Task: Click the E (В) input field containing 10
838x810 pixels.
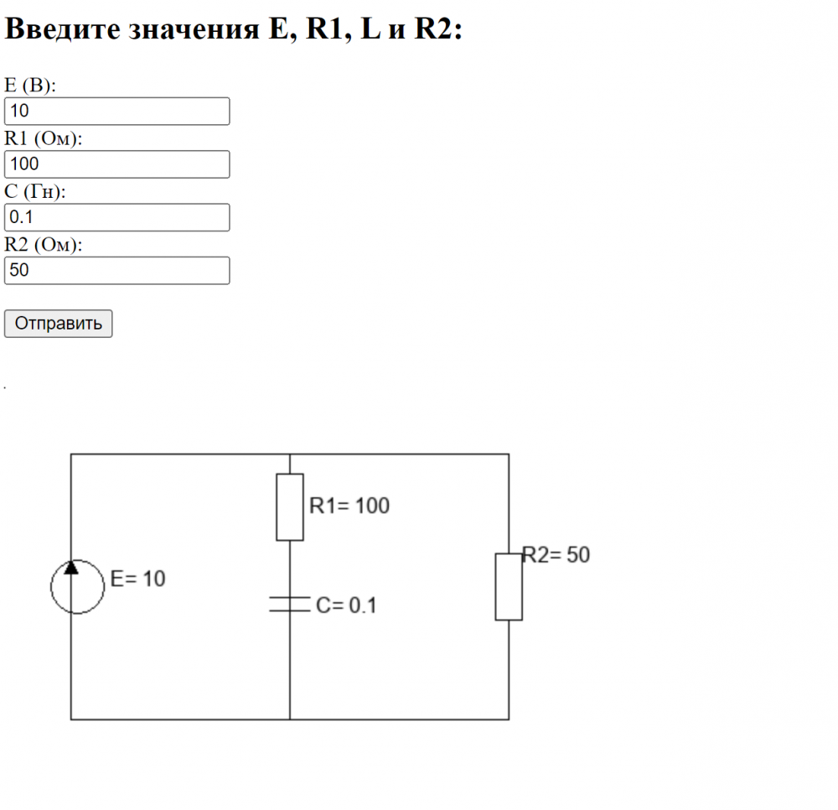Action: (x=116, y=112)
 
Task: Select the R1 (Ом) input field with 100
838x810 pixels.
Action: (x=116, y=164)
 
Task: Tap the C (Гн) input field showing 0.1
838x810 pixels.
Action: (x=116, y=217)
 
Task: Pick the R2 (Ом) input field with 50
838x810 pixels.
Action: (x=116, y=270)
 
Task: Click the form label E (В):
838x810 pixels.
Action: (x=30, y=86)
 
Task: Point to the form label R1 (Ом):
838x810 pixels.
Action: (x=44, y=139)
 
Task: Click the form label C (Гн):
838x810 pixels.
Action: (x=35, y=192)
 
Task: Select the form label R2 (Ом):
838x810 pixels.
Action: (x=44, y=245)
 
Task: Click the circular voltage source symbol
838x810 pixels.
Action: (x=77, y=586)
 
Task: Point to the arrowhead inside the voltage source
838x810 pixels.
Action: (x=71, y=567)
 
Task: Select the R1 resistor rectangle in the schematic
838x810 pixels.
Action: (x=290, y=506)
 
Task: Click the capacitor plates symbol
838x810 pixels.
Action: (x=290, y=604)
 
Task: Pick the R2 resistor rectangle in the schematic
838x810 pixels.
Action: (x=509, y=586)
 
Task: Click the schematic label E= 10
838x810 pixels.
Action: (x=138, y=579)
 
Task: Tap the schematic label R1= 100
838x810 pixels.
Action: (x=349, y=506)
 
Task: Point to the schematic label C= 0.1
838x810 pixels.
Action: (x=346, y=605)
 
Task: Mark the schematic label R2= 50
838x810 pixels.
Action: (x=557, y=555)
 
